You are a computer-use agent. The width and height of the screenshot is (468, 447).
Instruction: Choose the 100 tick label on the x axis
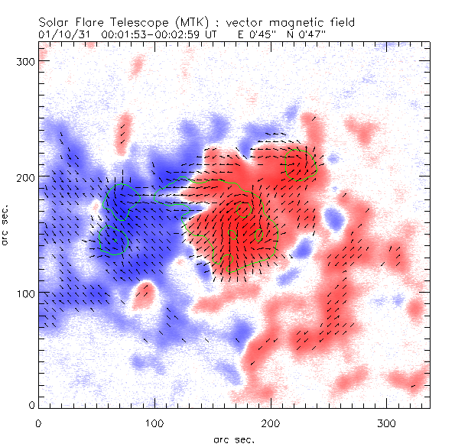coord(154,422)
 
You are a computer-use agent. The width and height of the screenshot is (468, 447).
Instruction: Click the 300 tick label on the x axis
coord(387,422)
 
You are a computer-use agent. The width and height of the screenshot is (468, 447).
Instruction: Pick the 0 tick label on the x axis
coord(38,422)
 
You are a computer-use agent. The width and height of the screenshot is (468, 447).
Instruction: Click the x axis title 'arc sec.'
coord(234,439)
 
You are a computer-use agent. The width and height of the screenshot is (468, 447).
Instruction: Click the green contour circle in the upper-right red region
coord(300,163)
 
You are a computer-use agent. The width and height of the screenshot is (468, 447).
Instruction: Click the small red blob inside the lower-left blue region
coord(143,295)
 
